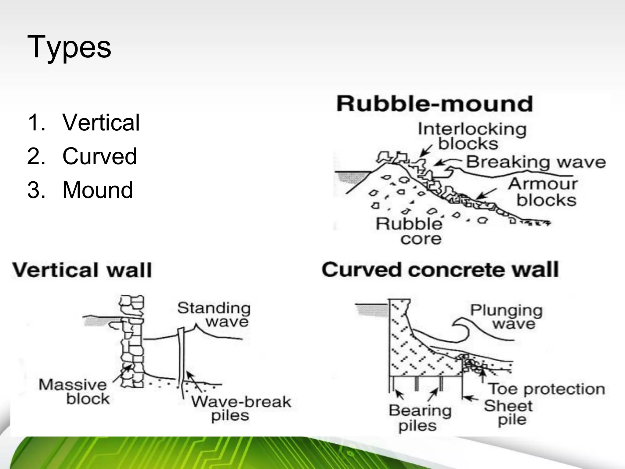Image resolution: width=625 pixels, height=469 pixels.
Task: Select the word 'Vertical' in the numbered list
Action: click(101, 122)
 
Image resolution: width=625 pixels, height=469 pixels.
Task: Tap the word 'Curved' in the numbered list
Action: click(99, 156)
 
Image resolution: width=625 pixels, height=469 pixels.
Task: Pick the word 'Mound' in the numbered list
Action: click(98, 190)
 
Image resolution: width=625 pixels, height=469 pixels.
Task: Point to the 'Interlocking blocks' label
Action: click(472, 136)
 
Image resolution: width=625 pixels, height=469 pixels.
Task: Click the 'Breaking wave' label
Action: click(536, 162)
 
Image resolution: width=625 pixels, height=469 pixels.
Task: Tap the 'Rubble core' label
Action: click(409, 231)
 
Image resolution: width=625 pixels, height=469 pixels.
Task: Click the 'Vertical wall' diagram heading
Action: click(82, 270)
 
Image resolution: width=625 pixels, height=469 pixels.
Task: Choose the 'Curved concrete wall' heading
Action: click(440, 270)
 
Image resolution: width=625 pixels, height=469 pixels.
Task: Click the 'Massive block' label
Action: click(73, 392)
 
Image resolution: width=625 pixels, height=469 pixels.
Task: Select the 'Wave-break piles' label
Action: click(241, 409)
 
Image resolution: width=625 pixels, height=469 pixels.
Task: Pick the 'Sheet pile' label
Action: click(508, 413)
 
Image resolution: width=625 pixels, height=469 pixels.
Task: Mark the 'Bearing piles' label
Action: click(420, 418)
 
